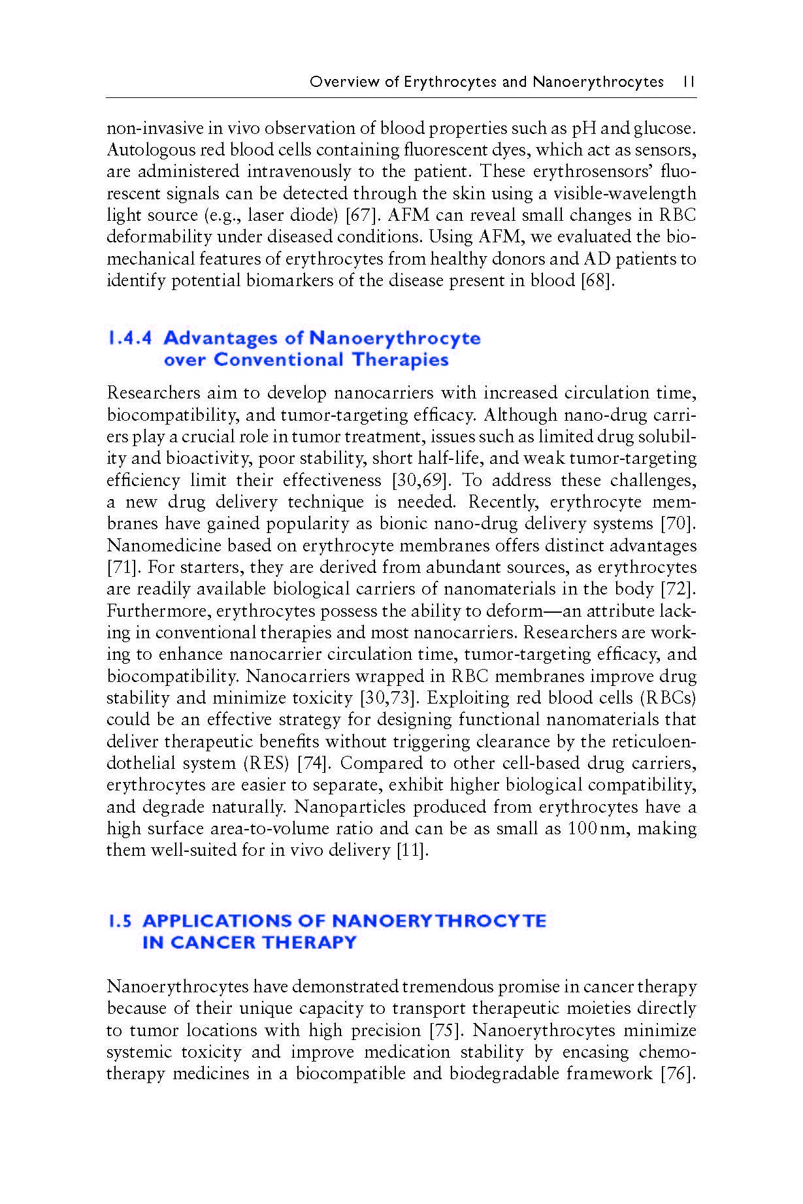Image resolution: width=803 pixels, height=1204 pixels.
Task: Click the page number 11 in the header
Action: point(688,82)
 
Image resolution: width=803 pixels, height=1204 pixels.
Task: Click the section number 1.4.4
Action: point(129,338)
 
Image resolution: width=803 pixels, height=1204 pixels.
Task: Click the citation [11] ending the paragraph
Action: point(413,851)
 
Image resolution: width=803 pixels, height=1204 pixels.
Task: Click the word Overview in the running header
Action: point(336,82)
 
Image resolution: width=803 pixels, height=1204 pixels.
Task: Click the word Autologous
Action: point(144,150)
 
